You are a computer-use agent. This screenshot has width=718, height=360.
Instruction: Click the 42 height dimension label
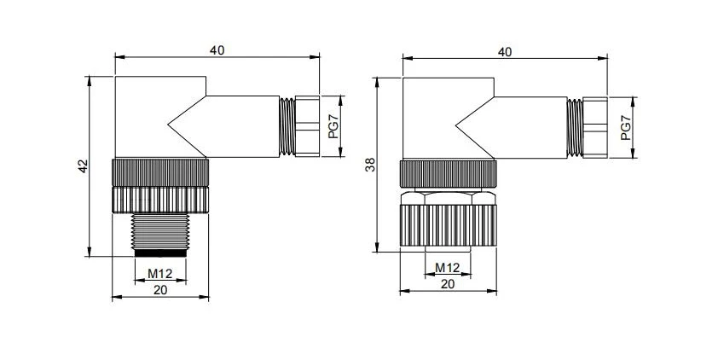[x=83, y=165]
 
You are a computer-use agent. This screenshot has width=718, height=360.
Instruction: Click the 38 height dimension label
[x=370, y=165]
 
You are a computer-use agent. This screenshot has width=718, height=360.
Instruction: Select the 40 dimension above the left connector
[x=217, y=50]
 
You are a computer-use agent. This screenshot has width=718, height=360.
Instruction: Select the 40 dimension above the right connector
[x=505, y=52]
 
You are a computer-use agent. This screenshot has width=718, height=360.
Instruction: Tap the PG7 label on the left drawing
[x=333, y=126]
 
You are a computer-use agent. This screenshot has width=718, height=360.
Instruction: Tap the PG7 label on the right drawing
[x=626, y=128]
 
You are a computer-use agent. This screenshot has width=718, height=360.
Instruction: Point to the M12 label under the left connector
[x=159, y=274]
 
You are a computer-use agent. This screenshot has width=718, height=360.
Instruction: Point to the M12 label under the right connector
[x=448, y=267]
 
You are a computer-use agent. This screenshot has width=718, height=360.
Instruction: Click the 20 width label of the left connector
[x=160, y=290]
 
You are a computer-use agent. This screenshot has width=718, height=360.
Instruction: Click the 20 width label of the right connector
[x=448, y=284]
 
